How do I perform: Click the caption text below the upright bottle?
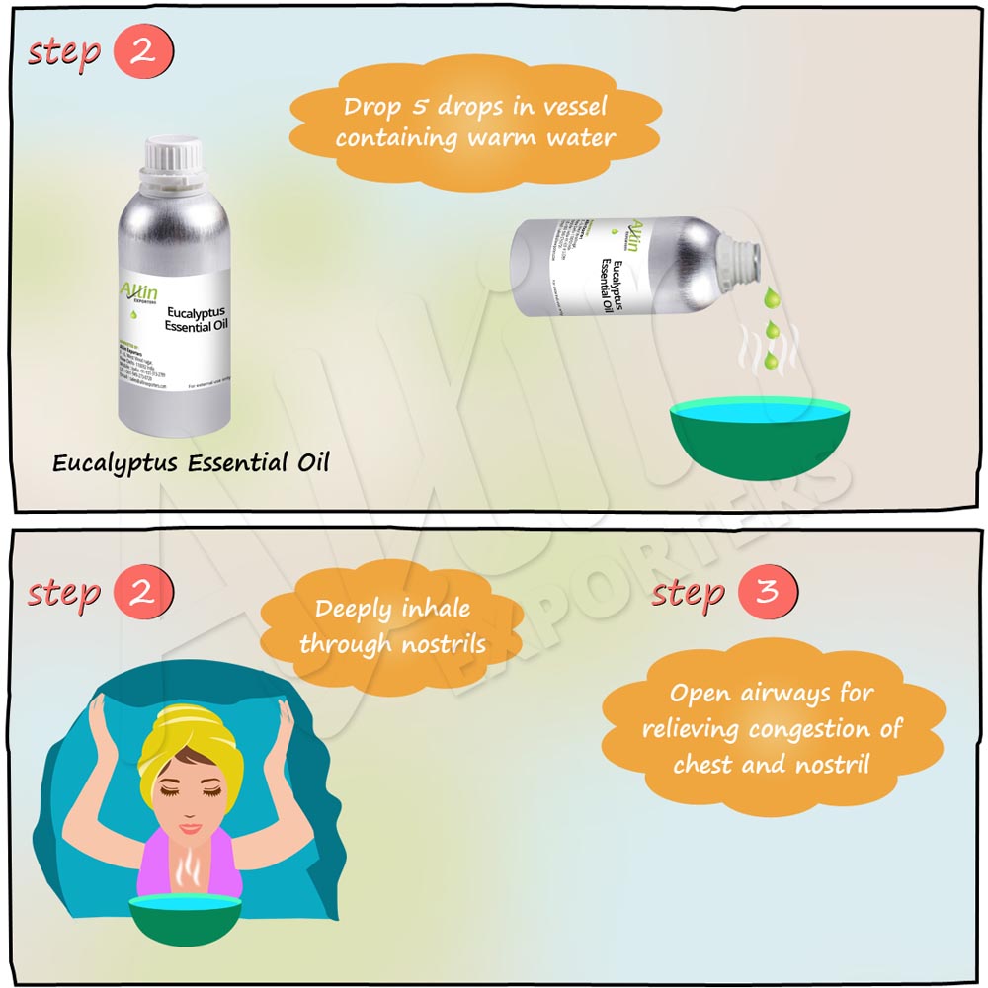pos(190,462)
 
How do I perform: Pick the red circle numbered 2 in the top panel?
pos(143,52)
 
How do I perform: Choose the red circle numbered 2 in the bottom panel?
pos(143,593)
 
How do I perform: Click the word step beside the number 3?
pos(689,593)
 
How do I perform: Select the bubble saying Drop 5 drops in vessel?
pos(474,122)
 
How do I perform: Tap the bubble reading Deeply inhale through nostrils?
pos(392,626)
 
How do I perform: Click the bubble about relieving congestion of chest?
pos(772,728)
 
